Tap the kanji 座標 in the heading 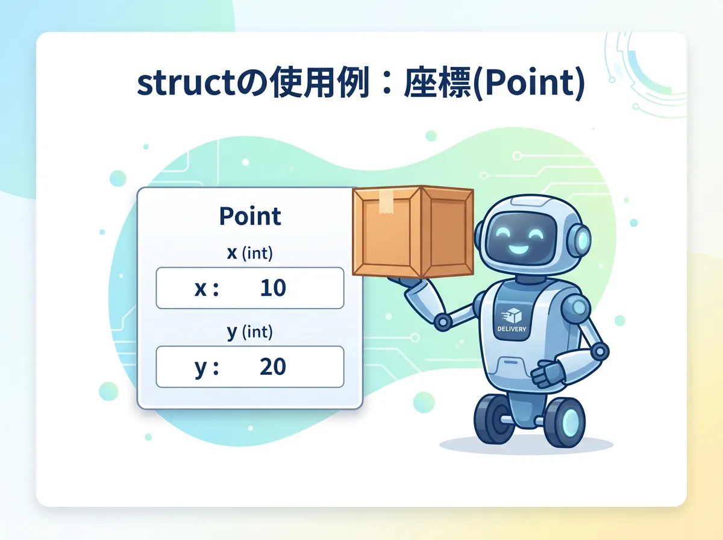point(438,83)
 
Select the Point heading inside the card point(250,216)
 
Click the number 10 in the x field point(273,288)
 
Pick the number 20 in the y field point(273,366)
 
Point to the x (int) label point(250,253)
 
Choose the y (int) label point(250,332)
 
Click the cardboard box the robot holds point(413,232)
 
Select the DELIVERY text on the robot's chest point(512,329)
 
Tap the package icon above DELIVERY point(512,316)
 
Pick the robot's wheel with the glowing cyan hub point(565,422)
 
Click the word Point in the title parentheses point(530,83)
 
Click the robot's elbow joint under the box point(443,322)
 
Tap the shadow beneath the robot point(527,445)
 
